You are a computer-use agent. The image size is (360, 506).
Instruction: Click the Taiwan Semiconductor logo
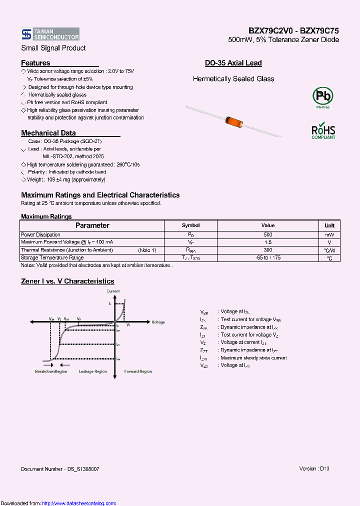point(50,34)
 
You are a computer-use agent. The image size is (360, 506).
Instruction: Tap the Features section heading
point(35,63)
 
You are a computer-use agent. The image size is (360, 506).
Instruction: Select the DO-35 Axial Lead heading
point(233,63)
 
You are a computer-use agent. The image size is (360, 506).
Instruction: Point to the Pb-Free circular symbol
point(323,96)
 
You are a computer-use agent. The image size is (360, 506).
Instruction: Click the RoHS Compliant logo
point(323,130)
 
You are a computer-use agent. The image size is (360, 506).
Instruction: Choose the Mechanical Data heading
point(48,133)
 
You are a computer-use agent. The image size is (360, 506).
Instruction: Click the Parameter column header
point(92,225)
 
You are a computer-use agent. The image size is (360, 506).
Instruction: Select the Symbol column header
point(190,225)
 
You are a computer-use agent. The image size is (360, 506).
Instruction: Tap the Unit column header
point(329,225)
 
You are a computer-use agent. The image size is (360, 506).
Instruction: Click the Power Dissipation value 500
point(268,234)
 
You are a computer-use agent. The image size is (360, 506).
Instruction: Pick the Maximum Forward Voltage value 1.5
point(268,242)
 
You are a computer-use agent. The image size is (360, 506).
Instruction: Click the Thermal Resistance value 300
point(268,250)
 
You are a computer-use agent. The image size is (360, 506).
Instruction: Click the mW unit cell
point(329,234)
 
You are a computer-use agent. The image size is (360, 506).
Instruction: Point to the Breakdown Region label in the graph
point(51,371)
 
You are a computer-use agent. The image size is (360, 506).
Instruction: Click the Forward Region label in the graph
point(138,371)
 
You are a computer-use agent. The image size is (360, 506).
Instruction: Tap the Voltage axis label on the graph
point(158,322)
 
